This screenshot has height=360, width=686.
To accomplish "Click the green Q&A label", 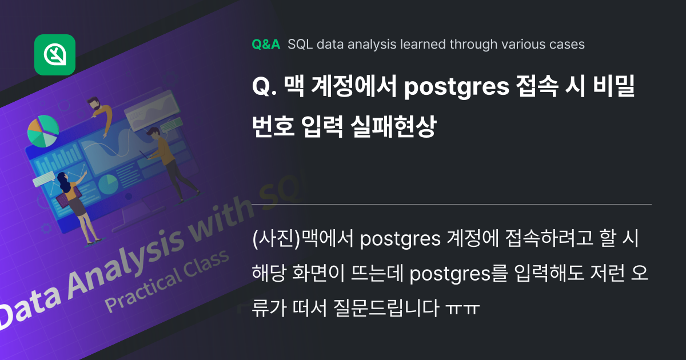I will point(266,45).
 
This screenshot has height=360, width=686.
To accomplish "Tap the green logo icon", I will point(55,55).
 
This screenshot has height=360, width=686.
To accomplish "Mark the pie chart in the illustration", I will point(43,130).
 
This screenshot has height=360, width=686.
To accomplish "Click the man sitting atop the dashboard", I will point(100,114).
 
